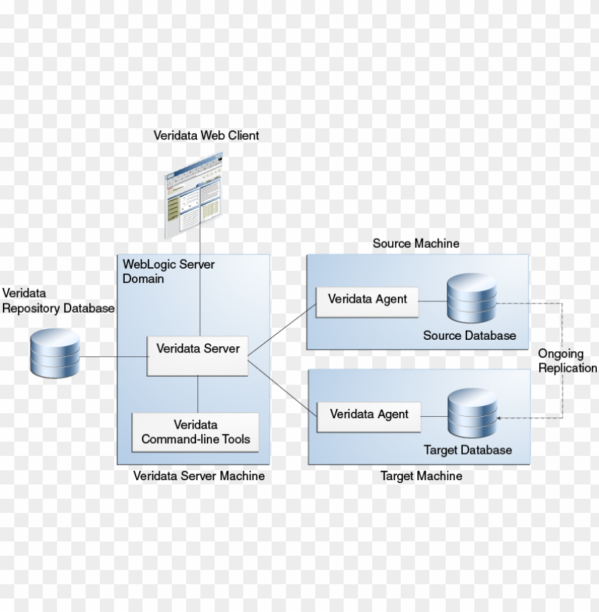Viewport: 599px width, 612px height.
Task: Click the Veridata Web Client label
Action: click(x=206, y=135)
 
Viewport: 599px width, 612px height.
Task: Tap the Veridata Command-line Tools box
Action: click(x=195, y=432)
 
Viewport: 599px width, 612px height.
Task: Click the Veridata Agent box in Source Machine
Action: click(x=367, y=300)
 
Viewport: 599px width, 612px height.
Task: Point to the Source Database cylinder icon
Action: click(x=471, y=299)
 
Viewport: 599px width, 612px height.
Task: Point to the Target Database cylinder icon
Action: click(x=472, y=414)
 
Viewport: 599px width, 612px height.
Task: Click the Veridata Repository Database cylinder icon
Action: click(x=55, y=354)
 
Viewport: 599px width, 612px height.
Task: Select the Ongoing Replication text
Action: click(x=567, y=361)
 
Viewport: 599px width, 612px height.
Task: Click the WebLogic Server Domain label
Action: click(x=168, y=271)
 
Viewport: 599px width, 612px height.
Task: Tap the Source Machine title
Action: click(x=416, y=244)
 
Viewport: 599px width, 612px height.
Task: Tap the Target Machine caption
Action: click(x=421, y=476)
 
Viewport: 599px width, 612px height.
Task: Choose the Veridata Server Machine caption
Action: click(x=199, y=476)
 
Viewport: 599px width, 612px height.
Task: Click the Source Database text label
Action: click(x=469, y=336)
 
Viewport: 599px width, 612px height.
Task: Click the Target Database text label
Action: click(x=468, y=450)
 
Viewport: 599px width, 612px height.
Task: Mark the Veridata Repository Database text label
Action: click(x=58, y=301)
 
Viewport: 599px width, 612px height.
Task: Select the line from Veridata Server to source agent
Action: click(x=282, y=328)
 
